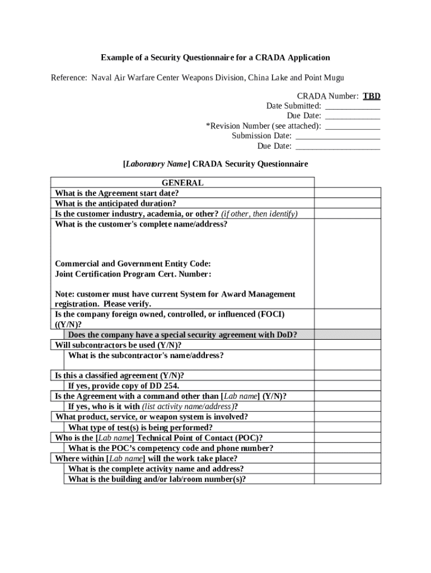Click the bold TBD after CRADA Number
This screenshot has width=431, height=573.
click(x=371, y=96)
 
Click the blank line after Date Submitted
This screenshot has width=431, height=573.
click(x=353, y=106)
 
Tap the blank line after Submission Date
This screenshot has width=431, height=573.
click(x=338, y=136)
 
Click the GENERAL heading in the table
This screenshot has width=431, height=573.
click(x=182, y=183)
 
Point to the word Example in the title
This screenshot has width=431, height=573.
click(x=116, y=58)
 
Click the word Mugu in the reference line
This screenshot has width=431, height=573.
click(x=333, y=77)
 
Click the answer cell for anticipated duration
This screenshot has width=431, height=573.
click(x=348, y=204)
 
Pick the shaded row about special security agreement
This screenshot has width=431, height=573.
click(x=182, y=335)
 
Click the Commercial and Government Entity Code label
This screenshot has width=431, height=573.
click(x=133, y=264)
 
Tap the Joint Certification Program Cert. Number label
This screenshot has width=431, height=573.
click(x=133, y=274)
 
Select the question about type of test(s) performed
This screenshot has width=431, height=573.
click(x=140, y=428)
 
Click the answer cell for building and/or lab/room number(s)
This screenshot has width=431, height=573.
click(x=348, y=479)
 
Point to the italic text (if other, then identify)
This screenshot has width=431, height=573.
click(x=259, y=214)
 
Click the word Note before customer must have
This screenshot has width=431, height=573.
click(x=64, y=294)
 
